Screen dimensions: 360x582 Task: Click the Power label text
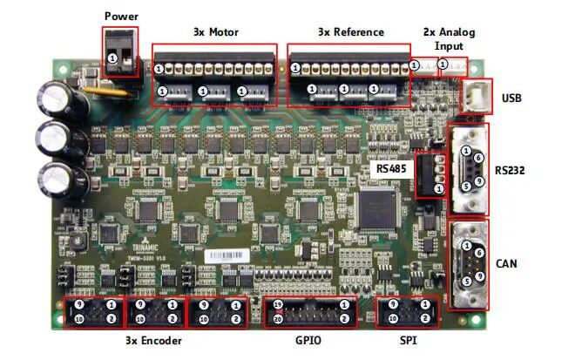tap(120, 16)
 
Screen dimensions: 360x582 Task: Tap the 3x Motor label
tap(215, 32)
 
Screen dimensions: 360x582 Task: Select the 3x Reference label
tap(350, 32)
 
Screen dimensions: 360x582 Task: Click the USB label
tap(511, 98)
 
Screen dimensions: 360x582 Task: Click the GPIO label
tap(308, 339)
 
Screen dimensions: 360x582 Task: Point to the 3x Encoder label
tap(154, 339)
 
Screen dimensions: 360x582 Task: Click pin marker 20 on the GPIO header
tap(278, 319)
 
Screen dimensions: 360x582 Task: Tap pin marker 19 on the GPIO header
tap(278, 306)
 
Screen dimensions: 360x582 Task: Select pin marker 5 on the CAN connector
tap(467, 281)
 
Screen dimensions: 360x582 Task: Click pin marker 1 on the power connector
tap(112, 57)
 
